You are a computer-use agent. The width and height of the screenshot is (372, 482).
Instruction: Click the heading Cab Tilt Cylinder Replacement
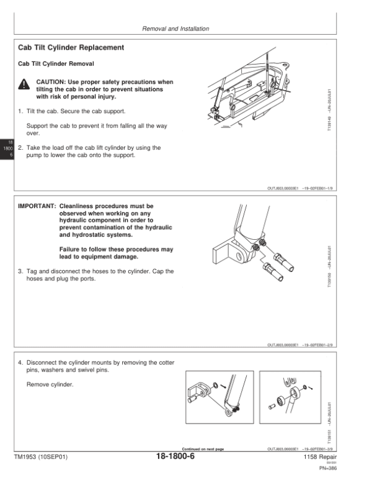(x=71, y=48)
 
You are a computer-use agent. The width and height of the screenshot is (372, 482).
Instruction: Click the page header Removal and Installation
(x=175, y=29)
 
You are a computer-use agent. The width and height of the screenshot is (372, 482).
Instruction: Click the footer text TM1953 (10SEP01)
(x=40, y=457)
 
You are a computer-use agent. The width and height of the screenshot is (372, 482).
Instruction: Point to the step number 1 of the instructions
(x=20, y=111)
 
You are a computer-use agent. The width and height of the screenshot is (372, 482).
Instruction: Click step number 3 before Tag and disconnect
(x=20, y=271)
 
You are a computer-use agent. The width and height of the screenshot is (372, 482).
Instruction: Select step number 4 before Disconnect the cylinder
(x=20, y=362)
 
